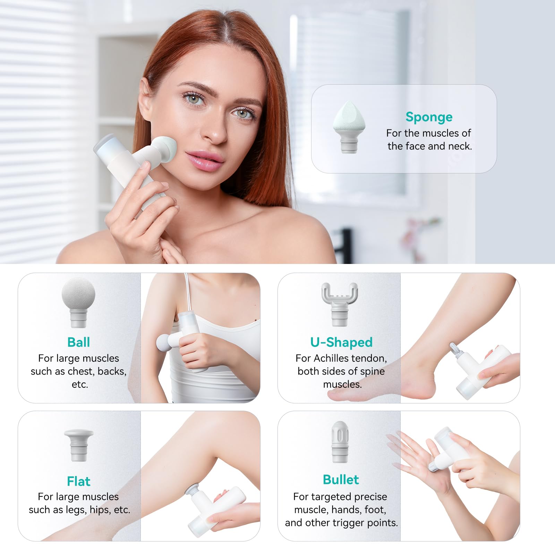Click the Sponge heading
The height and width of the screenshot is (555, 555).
click(x=429, y=118)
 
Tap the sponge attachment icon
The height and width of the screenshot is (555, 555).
click(x=349, y=127)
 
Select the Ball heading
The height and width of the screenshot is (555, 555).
click(x=79, y=342)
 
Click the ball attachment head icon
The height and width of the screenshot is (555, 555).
click(x=78, y=302)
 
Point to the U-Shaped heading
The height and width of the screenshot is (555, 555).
click(x=341, y=342)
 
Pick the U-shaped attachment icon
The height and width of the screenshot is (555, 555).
click(x=340, y=304)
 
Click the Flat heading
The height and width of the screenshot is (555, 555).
click(x=79, y=481)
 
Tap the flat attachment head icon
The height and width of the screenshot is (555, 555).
click(x=79, y=445)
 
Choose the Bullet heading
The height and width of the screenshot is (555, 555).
click(x=341, y=479)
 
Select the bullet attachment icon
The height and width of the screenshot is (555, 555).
click(x=340, y=442)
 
